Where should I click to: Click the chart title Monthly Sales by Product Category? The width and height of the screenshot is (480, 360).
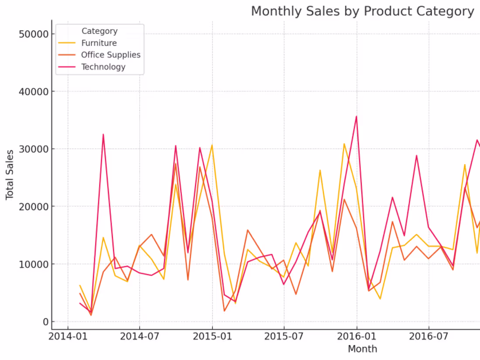(362, 11)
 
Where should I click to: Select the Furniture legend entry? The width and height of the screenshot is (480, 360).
(99, 43)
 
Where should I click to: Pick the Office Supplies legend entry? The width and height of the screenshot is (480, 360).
(110, 55)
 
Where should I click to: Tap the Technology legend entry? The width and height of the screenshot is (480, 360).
(103, 67)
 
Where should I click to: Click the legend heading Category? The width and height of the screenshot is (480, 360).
(99, 31)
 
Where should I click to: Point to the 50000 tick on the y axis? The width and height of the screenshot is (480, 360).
(34, 34)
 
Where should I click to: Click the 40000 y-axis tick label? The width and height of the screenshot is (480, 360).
(34, 92)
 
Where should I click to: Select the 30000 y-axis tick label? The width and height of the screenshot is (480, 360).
(34, 149)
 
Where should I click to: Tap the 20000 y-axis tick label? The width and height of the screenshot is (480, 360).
(34, 206)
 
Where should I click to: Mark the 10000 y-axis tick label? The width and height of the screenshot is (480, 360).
(34, 264)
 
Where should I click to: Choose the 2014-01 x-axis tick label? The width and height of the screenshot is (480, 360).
(68, 336)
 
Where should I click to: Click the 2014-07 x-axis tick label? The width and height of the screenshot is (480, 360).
(140, 336)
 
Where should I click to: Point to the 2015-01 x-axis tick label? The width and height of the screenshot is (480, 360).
(213, 336)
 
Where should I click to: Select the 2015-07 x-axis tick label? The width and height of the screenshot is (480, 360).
(284, 336)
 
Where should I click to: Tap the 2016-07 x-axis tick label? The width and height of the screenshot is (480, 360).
(429, 336)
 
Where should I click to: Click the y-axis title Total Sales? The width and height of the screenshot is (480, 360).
(10, 175)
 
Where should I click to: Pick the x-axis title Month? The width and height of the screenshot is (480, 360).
(362, 349)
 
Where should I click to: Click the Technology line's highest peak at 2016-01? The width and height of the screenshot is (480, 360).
(357, 116)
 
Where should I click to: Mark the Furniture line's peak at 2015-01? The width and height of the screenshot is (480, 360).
(212, 145)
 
